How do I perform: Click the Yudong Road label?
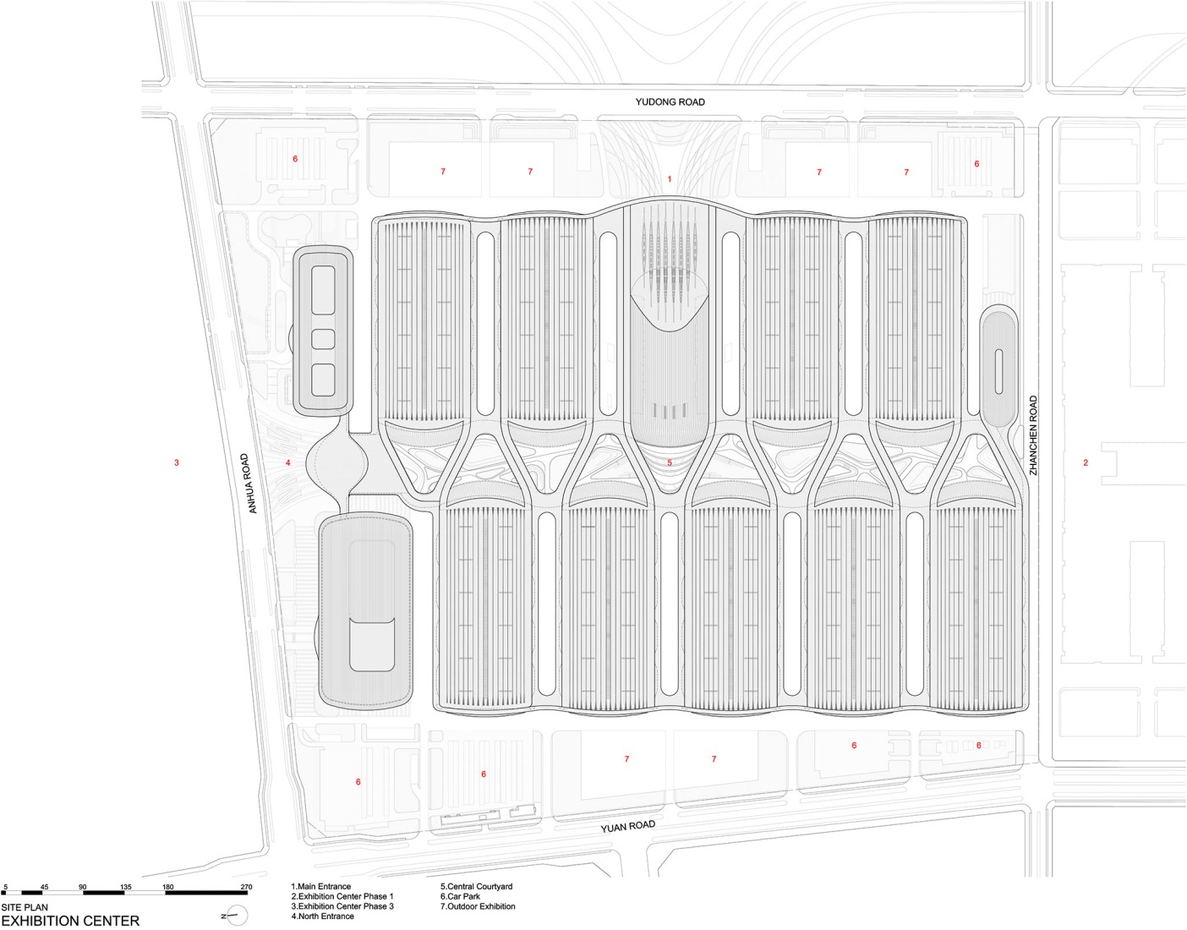click(670, 101)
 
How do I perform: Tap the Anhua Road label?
click(249, 484)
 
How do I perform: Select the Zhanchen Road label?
click(1033, 435)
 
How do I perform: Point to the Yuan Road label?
click(627, 826)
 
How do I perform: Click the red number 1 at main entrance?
click(670, 179)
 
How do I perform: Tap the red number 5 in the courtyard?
click(670, 462)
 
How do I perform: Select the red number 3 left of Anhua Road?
click(177, 462)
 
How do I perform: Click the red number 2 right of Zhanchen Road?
click(1086, 462)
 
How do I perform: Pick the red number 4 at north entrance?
click(288, 462)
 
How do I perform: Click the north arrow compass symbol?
click(237, 915)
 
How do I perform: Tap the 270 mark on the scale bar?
click(246, 887)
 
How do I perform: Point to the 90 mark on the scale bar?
click(83, 887)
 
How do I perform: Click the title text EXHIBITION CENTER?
click(70, 921)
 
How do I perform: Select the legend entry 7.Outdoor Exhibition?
click(478, 906)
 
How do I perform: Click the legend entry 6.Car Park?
click(460, 896)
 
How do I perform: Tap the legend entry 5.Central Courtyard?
click(476, 887)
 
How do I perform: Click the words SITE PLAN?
click(25, 907)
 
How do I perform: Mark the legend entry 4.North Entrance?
click(322, 916)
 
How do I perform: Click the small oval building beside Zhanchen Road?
click(998, 369)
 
